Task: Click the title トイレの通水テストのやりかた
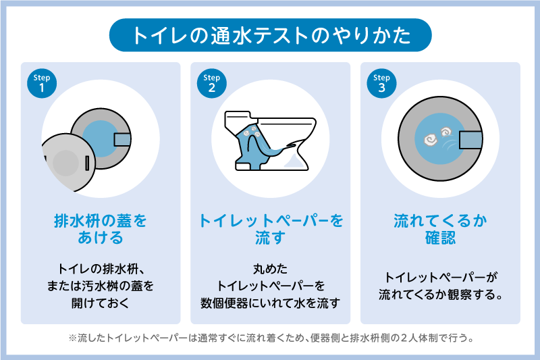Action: pos(270,34)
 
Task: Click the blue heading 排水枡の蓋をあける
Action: pos(100,230)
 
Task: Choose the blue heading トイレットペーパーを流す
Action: pos(270,230)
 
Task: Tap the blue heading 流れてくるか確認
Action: pos(440,230)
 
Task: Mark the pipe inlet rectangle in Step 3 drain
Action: pos(470,140)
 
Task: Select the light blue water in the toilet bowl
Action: pos(295,161)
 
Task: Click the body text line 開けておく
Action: pos(100,303)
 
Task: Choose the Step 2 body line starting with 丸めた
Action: pos(270,269)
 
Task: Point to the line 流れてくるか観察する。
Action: pos(440,295)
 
